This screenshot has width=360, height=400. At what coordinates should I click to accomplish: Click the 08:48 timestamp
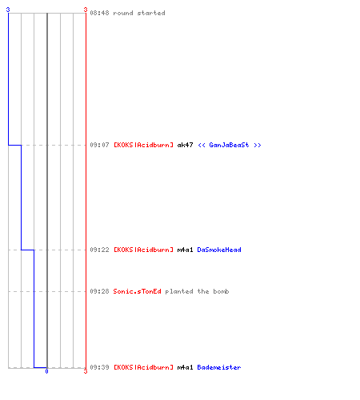[x=99, y=13]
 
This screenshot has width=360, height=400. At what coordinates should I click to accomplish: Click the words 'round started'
[x=139, y=13]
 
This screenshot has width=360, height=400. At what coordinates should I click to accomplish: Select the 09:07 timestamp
[x=99, y=145]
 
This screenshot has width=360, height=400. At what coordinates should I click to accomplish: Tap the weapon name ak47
[x=185, y=145]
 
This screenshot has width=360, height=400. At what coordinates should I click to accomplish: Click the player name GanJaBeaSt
[x=229, y=145]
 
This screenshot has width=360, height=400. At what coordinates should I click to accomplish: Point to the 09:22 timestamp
[x=99, y=250]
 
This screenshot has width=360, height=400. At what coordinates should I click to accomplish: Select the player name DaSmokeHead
[x=219, y=250]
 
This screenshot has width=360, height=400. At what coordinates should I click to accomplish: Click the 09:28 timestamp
[x=99, y=291]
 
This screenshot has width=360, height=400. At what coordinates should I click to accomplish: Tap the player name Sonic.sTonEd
[x=137, y=291]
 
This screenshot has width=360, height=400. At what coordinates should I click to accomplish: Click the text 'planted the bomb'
[x=197, y=291]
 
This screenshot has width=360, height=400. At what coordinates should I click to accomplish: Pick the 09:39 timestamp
[x=99, y=367]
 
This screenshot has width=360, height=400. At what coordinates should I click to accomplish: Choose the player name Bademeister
[x=219, y=367]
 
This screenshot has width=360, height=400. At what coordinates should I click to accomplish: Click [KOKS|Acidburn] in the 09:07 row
[x=143, y=145]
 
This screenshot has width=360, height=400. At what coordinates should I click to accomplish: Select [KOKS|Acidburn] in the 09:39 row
[x=143, y=367]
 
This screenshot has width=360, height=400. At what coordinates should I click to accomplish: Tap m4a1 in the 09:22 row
[x=185, y=250]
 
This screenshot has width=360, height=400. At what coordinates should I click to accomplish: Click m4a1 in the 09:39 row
[x=185, y=367]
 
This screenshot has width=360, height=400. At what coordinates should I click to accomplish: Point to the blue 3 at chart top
[x=8, y=10]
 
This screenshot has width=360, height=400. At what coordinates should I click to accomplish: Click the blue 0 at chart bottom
[x=46, y=371]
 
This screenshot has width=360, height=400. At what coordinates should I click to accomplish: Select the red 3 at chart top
[x=86, y=10]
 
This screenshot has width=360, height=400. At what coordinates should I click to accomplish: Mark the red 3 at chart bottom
[x=86, y=371]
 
